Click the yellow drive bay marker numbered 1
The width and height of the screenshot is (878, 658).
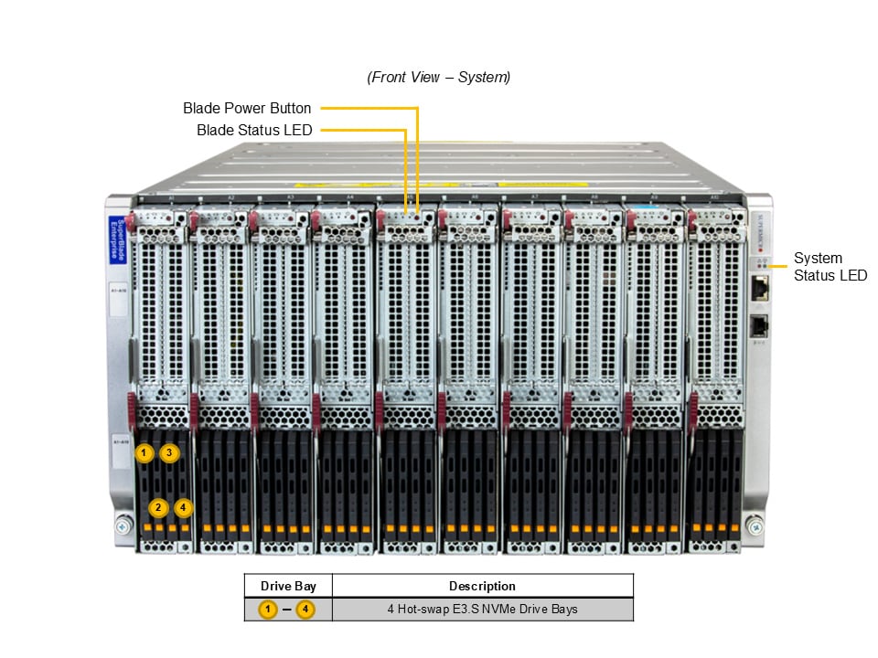click(143, 452)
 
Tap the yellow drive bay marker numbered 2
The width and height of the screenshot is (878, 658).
click(158, 507)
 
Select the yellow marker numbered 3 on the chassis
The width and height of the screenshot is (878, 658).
click(170, 452)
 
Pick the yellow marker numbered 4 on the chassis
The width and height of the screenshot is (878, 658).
click(184, 507)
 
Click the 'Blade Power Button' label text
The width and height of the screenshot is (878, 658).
click(247, 108)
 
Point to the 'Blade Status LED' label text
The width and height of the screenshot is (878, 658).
click(254, 131)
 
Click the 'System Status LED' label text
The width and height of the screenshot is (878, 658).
click(830, 267)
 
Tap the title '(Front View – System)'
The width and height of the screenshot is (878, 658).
click(439, 78)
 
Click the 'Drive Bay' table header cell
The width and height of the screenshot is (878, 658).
click(288, 586)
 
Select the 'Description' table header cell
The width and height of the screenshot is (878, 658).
click(482, 586)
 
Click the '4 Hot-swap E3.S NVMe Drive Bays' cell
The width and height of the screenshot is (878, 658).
click(482, 609)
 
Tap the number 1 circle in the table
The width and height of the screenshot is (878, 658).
click(268, 609)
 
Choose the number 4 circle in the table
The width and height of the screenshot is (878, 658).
click(305, 609)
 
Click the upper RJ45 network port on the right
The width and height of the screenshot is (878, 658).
click(758, 289)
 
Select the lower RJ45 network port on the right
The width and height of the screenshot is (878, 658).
click(758, 326)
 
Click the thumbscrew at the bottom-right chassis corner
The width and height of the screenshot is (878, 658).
click(755, 526)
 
